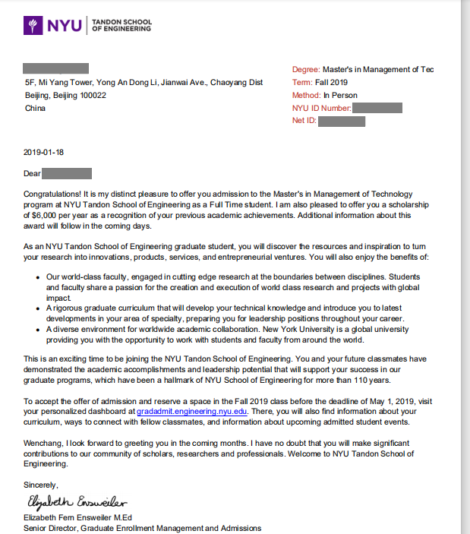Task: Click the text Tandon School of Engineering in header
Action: point(121,26)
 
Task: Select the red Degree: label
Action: point(306,69)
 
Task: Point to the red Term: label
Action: point(301,82)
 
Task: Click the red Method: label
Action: point(306,95)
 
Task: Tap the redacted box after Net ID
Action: point(342,122)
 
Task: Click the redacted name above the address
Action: point(56,68)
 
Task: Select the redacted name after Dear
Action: point(68,173)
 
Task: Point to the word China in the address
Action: point(35,108)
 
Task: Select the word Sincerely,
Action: point(41,485)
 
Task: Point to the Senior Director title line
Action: point(142,527)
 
